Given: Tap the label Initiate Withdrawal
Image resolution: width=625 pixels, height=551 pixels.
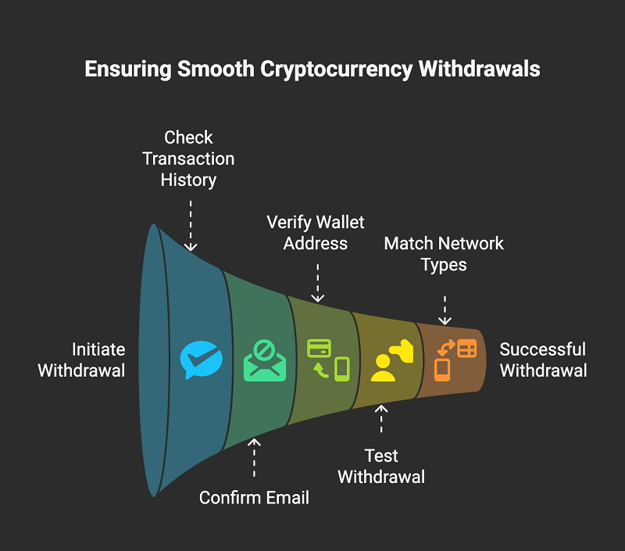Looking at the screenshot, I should pos(81,360).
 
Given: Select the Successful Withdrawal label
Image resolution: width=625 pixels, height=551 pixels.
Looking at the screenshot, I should pos(543,360).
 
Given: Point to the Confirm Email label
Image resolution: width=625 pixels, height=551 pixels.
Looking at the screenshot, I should pos(254,497).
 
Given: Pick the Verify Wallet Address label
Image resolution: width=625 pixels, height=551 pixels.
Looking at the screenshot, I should pos(316,232).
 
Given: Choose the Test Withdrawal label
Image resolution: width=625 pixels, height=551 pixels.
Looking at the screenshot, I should pos(381,466).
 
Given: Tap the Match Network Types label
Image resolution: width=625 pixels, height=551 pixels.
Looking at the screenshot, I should pos(444,254).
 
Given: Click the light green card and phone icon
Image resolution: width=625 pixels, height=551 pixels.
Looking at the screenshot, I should pos(328,360).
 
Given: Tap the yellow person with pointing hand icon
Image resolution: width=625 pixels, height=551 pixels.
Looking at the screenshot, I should pos(391,360).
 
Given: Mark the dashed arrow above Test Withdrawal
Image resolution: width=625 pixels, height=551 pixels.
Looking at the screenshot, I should pos(381,420).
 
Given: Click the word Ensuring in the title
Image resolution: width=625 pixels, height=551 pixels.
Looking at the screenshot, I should pos(127,70).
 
